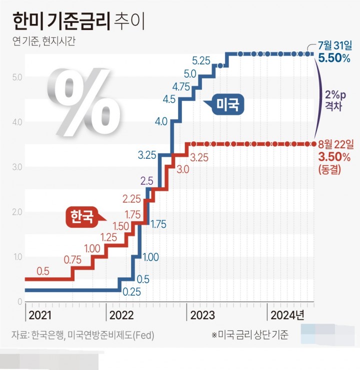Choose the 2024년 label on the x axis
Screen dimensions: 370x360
[x=287, y=315]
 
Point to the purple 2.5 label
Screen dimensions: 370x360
[x=146, y=180]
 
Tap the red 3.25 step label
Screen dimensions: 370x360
[x=199, y=158]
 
